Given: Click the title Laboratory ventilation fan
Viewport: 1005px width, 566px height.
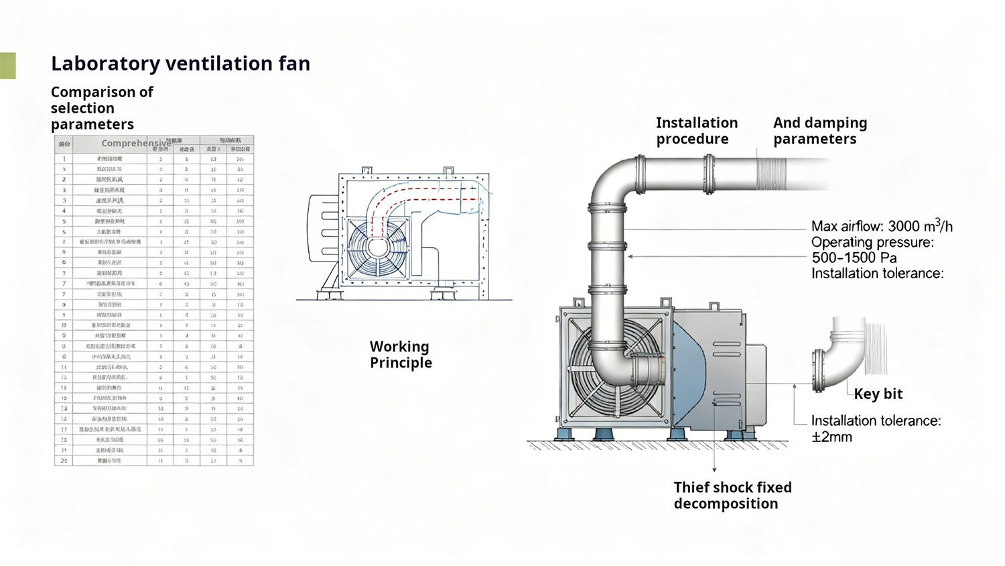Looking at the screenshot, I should click(180, 64).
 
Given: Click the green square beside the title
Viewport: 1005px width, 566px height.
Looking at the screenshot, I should click(7, 66).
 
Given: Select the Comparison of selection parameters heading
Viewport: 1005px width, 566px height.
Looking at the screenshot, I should click(101, 108).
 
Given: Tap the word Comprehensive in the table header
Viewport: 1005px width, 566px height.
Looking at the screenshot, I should click(136, 144).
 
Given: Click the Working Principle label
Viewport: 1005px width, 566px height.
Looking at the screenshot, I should click(400, 355).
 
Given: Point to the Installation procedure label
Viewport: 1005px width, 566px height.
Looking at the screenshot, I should click(696, 131).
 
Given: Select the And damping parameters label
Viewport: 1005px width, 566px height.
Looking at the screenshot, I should click(819, 131).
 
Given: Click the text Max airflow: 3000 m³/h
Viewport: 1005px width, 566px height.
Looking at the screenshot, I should click(881, 227).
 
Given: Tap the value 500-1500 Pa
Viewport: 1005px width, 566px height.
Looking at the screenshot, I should click(854, 258).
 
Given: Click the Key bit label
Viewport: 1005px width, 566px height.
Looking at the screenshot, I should click(878, 394).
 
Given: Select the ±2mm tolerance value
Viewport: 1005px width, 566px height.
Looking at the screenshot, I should click(831, 437).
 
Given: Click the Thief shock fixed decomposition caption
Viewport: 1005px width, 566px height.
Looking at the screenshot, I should click(732, 496).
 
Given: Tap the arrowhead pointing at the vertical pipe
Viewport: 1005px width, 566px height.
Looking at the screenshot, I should click(630, 257).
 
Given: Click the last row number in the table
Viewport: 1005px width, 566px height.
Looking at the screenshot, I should click(64, 461).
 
